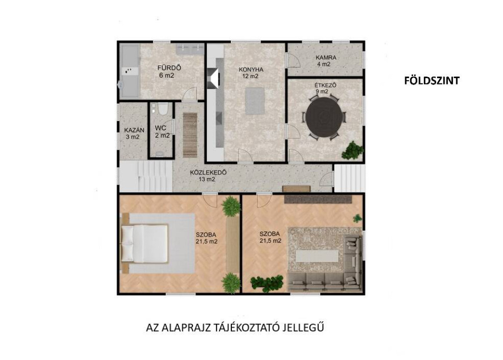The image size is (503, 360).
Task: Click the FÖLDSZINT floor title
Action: coord(431,81)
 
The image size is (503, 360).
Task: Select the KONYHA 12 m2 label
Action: coord(251,73)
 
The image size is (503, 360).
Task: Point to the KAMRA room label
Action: coord(326,58)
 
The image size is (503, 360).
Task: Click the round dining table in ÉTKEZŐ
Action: coord(324,117)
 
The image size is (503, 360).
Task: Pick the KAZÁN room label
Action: coord(134,130)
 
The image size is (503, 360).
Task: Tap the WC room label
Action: coord(161,128)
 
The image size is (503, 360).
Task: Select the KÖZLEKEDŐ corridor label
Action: coord(208,172)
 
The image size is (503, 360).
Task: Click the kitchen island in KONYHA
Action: coord(255,101)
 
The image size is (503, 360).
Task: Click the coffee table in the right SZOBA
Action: coord(317,256)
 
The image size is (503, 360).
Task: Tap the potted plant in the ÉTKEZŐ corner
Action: coord(352,150)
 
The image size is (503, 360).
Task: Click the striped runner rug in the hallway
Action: coord(190,135)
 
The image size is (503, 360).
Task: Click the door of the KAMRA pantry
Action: coord(293,60)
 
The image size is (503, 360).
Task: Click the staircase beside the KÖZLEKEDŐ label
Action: coord(145,176)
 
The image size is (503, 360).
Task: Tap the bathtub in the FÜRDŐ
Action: coord(130,71)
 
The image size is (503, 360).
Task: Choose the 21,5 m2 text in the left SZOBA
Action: coord(207,242)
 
